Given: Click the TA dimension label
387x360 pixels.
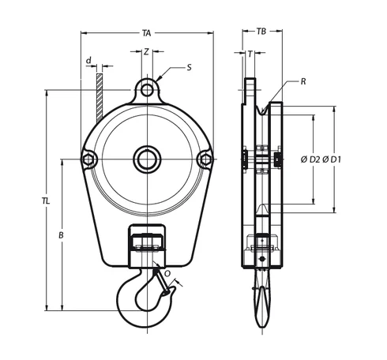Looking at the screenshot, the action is [147, 33].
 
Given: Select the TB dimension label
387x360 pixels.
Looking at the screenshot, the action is [261, 32].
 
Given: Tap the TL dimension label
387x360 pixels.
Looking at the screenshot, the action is [46, 201].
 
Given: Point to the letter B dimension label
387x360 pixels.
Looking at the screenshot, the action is [61, 235].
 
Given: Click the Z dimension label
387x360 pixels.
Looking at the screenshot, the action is [146, 51].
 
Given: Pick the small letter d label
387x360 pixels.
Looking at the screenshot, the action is [89, 60].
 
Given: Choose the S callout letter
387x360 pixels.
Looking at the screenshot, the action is [190, 68].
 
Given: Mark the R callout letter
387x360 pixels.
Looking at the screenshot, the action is [303, 81].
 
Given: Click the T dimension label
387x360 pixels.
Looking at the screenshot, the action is [250, 54].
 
